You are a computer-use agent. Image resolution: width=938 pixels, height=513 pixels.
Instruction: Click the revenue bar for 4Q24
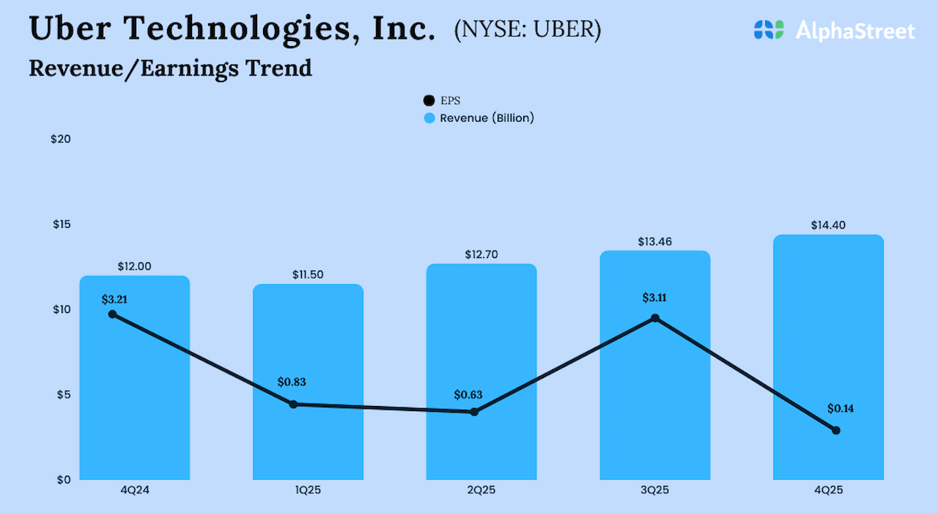pos(135,396)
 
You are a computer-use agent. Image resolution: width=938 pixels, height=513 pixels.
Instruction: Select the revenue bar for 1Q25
pos(308,440)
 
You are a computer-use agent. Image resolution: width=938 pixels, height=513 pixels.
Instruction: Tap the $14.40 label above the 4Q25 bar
pos(828,226)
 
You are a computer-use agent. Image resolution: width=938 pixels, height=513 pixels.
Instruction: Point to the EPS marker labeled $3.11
pos(655,318)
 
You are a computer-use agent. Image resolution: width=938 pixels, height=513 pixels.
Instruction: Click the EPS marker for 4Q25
pos(835,430)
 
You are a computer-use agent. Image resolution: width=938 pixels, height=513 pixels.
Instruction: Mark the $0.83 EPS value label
pos(292,382)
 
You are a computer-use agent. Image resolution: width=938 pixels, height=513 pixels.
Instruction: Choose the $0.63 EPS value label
pos(468,395)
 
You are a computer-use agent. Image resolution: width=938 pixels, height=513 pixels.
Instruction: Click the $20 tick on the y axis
pos(61,139)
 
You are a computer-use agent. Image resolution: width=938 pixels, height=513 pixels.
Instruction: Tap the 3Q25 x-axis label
pos(655,489)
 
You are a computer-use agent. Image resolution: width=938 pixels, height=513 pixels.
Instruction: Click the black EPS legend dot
pos(429,100)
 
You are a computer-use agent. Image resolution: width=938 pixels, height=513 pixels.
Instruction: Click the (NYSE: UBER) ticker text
pos(528,29)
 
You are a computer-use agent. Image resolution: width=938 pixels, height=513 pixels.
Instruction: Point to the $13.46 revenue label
pos(655,241)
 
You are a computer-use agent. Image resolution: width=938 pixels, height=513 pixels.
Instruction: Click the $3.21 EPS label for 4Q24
pos(115,299)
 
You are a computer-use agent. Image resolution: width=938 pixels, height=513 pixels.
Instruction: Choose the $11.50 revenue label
pos(308,275)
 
